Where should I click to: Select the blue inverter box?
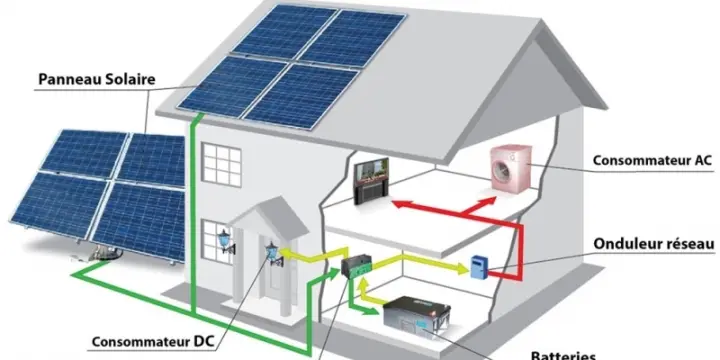[x=479, y=265]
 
